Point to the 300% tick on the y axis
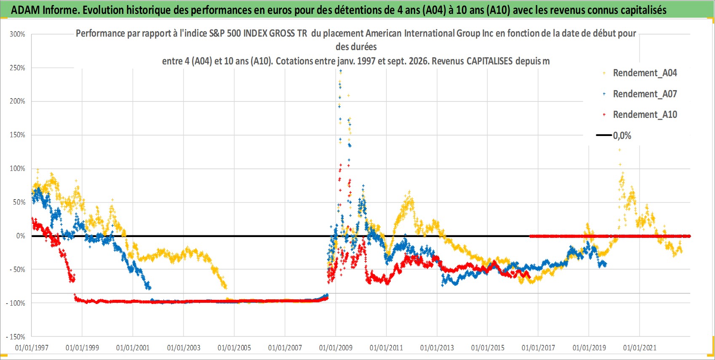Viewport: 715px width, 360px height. pos(17,34)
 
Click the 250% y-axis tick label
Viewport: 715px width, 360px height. pos(17,68)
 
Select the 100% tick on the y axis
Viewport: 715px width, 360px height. pos(17,168)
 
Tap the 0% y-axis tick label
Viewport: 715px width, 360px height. pos(21,236)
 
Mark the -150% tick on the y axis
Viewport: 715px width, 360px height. pos(15,337)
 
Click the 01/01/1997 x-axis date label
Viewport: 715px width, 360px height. pos(32,347)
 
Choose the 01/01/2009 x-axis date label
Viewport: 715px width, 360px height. pos(336,347)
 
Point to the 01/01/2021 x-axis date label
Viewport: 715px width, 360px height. pos(640,347)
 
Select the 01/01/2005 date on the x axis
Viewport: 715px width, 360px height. pos(234,347)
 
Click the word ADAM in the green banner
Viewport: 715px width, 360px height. pos(25,10)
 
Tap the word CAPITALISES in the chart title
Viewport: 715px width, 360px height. pos(490,61)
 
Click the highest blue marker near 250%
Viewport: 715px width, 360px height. pos(341,71)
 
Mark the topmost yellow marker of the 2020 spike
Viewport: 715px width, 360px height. pos(619,150)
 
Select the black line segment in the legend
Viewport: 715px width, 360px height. pos(603,135)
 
